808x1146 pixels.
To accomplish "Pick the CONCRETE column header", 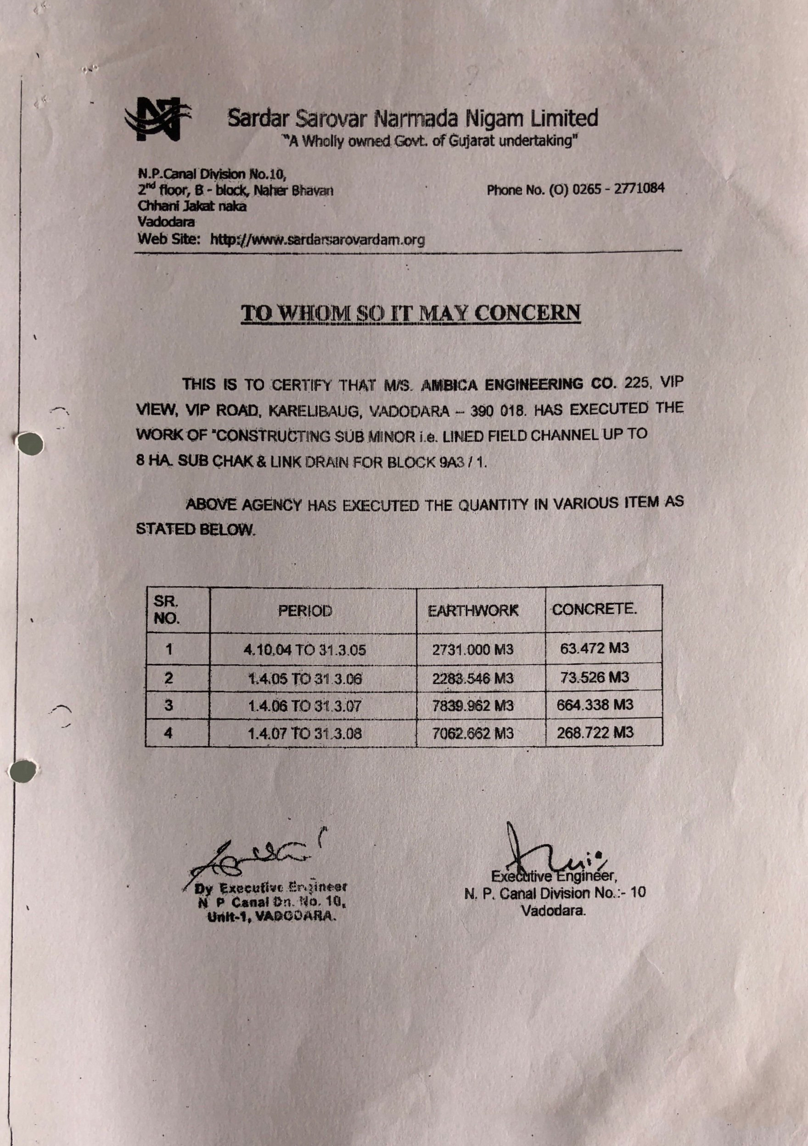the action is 594,609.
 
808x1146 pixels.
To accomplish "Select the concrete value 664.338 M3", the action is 595,705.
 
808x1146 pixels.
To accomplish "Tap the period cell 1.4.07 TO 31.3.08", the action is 304,733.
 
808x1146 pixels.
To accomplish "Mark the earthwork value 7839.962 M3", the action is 472,706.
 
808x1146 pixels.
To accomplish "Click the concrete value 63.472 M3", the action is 595,648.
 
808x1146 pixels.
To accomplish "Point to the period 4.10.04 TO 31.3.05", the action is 304,650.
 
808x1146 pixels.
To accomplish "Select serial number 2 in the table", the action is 168,678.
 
